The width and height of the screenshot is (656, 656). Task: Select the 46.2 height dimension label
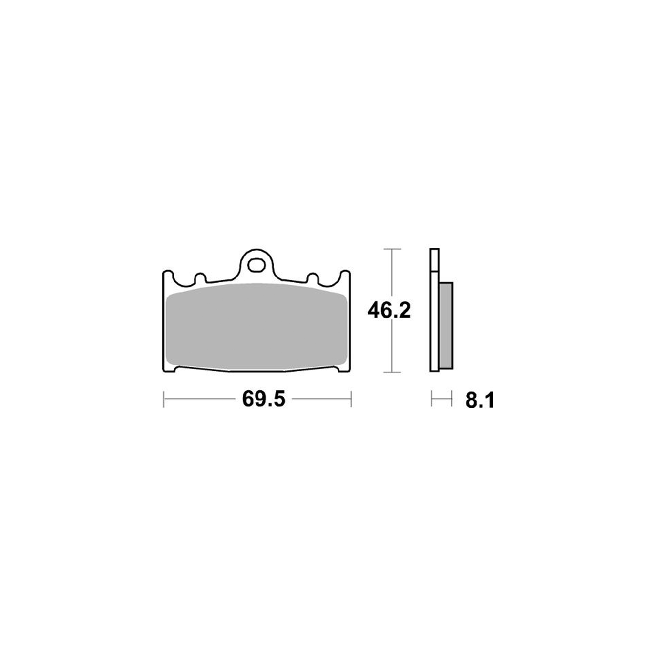tap(389, 310)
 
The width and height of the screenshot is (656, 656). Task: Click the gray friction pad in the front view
tap(257, 326)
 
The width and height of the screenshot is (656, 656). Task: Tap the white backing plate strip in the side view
tap(434, 310)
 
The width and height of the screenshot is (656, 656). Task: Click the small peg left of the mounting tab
tap(200, 278)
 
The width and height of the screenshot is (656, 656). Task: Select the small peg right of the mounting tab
tap(312, 278)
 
